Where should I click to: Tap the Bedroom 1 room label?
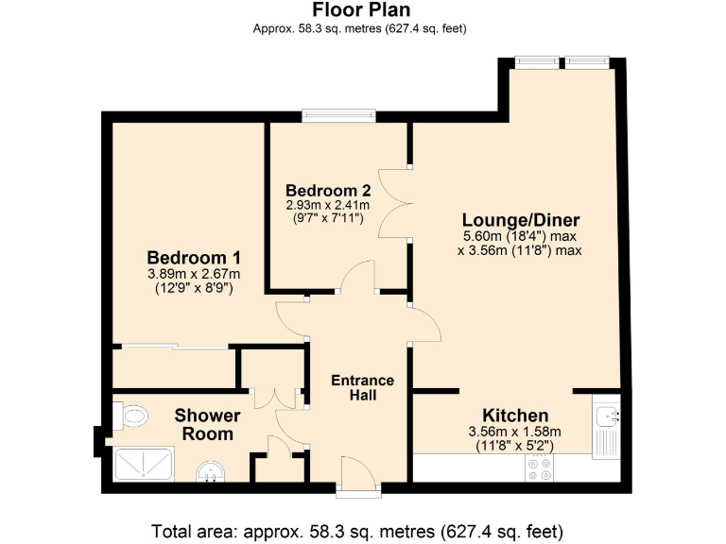click(194, 258)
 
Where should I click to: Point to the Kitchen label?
click(515, 416)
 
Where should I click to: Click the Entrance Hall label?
click(362, 387)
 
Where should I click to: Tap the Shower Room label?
click(207, 425)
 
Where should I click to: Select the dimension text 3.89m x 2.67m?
click(194, 275)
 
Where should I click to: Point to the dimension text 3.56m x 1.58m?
click(515, 432)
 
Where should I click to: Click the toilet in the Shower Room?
click(130, 415)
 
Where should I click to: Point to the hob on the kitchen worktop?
click(542, 468)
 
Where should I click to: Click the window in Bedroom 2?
click(339, 117)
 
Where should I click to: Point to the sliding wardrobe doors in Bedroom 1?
click(175, 347)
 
